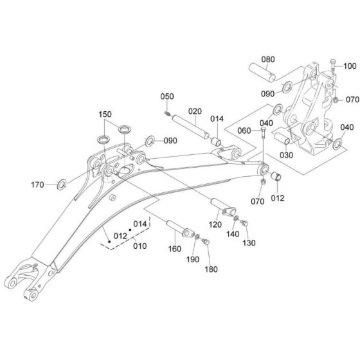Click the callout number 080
click(268, 59)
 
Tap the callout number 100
click(350, 66)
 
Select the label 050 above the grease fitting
click(167, 96)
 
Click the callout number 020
click(195, 111)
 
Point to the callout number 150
click(105, 114)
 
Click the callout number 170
click(37, 184)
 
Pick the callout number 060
click(244, 131)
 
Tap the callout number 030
click(286, 155)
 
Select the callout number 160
click(175, 249)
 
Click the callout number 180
click(212, 269)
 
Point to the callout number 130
click(249, 243)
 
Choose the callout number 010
click(140, 246)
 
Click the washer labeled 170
click(62, 185)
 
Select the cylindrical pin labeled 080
click(262, 72)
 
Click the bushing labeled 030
click(282, 138)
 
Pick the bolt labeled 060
click(263, 132)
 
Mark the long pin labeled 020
click(190, 127)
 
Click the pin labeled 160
click(181, 229)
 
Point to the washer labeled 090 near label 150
click(150, 141)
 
